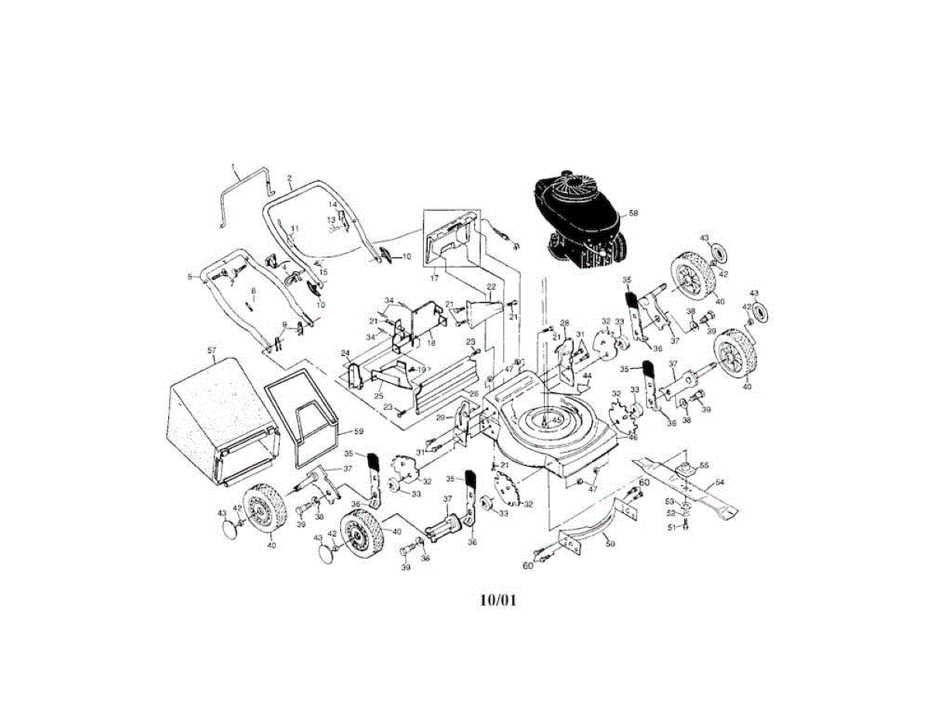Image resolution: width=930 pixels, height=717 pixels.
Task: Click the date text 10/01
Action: (x=498, y=600)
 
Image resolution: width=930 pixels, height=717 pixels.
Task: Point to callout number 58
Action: (x=633, y=212)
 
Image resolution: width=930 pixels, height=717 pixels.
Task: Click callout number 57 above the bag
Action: (x=212, y=350)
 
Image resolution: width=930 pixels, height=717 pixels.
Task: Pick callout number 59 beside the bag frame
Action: (x=358, y=431)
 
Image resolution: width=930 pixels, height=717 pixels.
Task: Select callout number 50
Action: (x=610, y=545)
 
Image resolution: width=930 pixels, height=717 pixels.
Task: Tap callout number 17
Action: (x=433, y=276)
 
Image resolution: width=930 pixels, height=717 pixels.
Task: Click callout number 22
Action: (x=491, y=287)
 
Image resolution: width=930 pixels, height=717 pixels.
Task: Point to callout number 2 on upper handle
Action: (x=289, y=178)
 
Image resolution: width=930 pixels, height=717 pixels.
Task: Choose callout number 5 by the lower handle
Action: (x=189, y=276)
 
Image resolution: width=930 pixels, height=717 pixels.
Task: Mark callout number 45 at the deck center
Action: (x=556, y=420)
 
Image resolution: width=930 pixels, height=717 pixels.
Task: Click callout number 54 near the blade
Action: (x=719, y=482)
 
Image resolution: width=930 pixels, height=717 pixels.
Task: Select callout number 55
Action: (x=704, y=465)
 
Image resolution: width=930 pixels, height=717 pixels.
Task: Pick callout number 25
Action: (x=379, y=396)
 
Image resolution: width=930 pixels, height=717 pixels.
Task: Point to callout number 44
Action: (x=587, y=375)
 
